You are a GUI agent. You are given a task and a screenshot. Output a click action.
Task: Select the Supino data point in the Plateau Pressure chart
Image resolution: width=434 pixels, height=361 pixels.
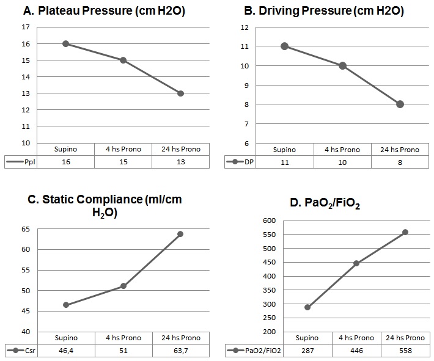click(x=65, y=44)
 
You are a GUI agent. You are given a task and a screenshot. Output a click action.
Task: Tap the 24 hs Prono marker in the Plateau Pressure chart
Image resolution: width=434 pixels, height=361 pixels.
click(x=180, y=93)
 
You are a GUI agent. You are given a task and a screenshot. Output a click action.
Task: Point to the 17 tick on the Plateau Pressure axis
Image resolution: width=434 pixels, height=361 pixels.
click(x=25, y=27)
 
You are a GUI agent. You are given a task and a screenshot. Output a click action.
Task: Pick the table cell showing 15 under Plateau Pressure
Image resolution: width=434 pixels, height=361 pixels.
click(x=123, y=162)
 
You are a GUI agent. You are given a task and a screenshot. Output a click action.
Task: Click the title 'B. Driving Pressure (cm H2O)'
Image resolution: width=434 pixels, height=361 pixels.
click(x=324, y=10)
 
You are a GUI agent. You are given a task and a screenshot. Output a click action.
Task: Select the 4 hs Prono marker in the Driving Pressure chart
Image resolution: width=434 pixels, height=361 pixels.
click(x=342, y=66)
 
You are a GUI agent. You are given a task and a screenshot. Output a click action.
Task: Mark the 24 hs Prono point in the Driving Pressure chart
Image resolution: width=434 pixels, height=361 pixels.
click(x=400, y=104)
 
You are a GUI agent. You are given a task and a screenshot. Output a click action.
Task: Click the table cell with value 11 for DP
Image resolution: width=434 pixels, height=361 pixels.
click(x=285, y=162)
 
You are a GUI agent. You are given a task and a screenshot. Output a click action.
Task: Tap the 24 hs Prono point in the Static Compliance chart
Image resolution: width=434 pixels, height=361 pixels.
click(x=180, y=234)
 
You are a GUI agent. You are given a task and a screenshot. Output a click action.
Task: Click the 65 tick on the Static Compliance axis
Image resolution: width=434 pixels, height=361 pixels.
click(x=25, y=228)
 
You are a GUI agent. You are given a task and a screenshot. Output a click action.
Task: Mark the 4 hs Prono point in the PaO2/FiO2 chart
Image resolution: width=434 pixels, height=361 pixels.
click(x=356, y=263)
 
